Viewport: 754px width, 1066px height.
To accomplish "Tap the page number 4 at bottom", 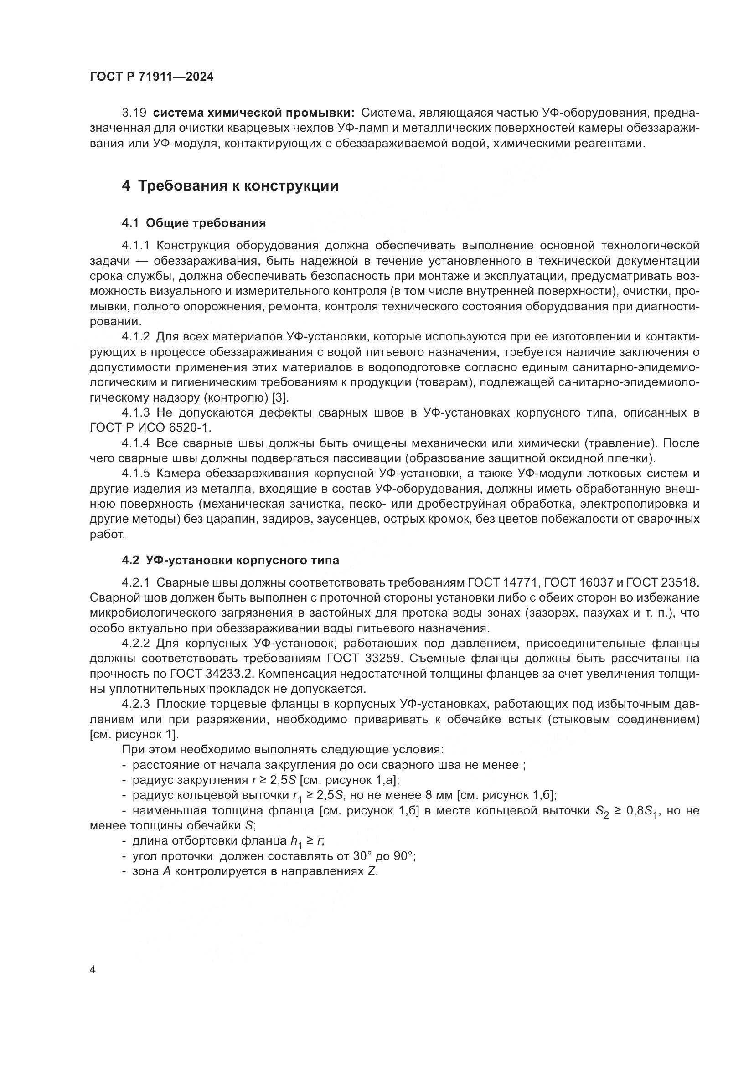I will [93, 970].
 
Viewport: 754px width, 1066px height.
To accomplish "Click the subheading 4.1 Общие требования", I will [194, 223].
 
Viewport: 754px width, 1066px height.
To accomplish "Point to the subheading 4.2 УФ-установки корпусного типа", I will [230, 561].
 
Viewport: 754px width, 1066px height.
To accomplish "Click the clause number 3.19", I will [134, 113].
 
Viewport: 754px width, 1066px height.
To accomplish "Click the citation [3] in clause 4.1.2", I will [280, 397].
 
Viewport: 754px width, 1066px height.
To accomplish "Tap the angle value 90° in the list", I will [404, 856].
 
